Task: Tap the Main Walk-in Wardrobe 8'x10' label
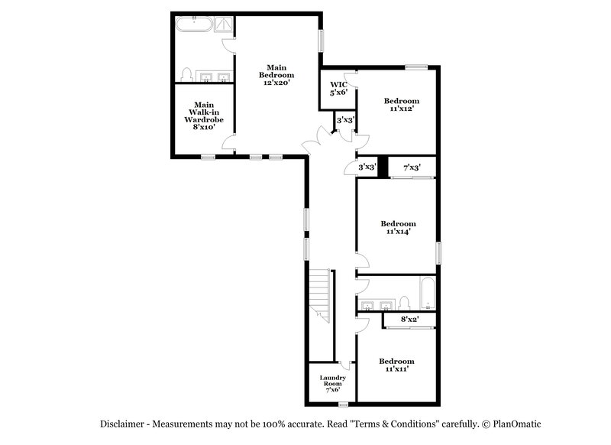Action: click(203, 115)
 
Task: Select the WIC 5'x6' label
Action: click(338, 88)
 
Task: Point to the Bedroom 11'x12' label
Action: click(401, 106)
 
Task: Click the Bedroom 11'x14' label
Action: click(398, 229)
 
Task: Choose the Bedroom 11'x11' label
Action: click(397, 365)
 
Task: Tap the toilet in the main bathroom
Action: click(186, 73)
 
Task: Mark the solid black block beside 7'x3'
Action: click(383, 167)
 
